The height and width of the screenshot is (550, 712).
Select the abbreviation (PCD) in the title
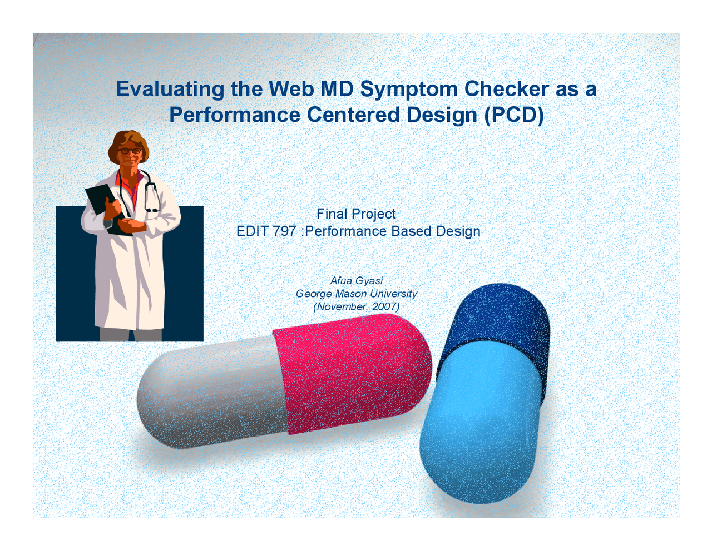click(513, 115)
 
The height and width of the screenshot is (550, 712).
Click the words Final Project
click(356, 214)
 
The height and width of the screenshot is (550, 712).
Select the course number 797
click(284, 231)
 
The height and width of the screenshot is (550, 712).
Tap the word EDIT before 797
click(253, 231)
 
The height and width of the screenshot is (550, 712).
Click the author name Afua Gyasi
click(357, 281)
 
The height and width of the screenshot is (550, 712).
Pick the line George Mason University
click(356, 294)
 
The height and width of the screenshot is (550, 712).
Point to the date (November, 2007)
click(356, 307)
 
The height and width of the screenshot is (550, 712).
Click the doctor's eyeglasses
click(130, 151)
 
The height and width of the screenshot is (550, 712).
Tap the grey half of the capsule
click(211, 395)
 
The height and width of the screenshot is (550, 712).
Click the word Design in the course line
click(458, 231)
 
